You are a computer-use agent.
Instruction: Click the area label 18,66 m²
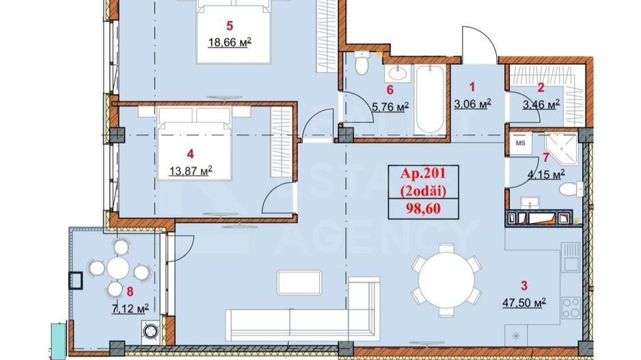(x=230, y=42)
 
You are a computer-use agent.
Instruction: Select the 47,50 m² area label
(x=523, y=303)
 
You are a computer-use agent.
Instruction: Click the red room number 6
(x=390, y=89)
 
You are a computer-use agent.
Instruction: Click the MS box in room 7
(x=521, y=143)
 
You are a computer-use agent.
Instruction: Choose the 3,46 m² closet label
(x=541, y=104)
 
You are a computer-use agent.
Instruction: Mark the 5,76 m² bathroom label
(x=390, y=106)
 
